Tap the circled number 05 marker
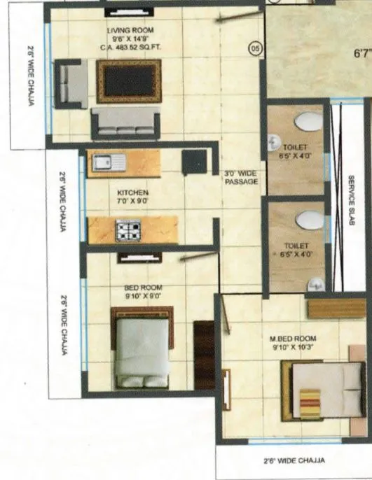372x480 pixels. click(255, 48)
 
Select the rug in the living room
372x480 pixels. click(129, 81)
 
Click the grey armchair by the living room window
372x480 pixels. click(71, 83)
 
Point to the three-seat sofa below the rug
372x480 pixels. click(126, 122)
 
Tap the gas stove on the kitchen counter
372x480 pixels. click(128, 230)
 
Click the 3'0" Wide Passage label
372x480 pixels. click(241, 178)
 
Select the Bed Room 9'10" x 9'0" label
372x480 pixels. click(144, 291)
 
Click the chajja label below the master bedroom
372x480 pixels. click(294, 460)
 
